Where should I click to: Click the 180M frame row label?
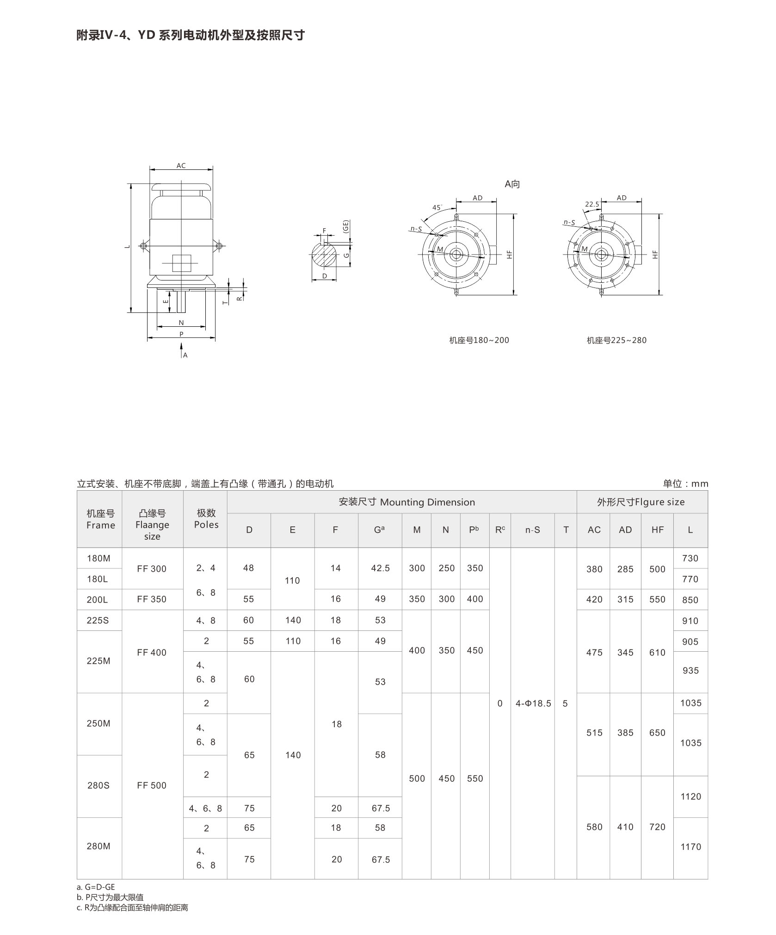[99, 558]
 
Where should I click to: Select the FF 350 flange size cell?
[152, 599]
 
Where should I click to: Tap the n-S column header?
[532, 530]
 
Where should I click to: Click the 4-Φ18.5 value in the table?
[533, 704]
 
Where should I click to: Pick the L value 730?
[690, 558]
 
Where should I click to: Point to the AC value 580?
[594, 827]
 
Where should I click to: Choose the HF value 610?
[657, 653]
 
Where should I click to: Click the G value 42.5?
[380, 568]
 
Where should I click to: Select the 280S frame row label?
[99, 785]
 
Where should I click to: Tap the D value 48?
[248, 568]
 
